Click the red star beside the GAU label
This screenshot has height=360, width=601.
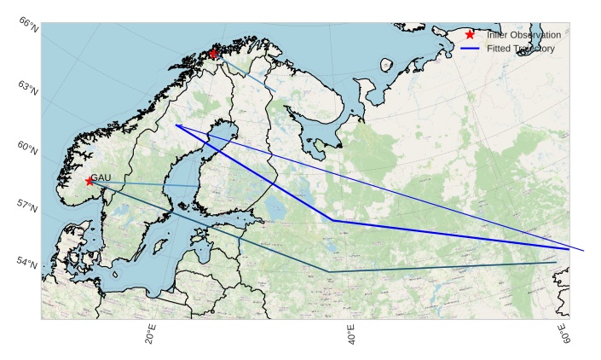pos(90,181)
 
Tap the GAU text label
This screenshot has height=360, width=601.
pos(101,177)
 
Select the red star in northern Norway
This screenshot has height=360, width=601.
pos(213,55)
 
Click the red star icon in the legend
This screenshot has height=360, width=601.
pos(470,35)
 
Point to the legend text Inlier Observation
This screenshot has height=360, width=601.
pos(523,35)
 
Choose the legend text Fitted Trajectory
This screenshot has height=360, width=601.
pos(521,49)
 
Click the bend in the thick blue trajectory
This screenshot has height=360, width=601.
pos(333,220)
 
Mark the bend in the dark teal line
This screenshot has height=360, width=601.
pos(328,271)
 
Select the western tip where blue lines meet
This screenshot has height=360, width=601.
pos(176,125)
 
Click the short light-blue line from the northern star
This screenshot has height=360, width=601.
pos(247,75)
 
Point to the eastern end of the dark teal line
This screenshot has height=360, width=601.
pos(555,263)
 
